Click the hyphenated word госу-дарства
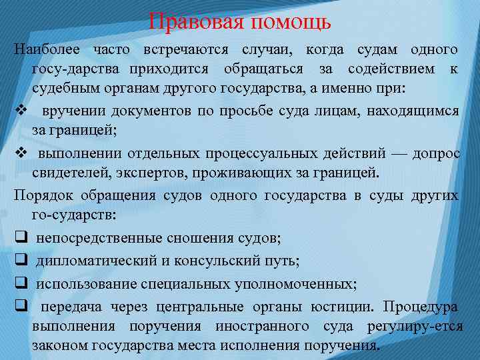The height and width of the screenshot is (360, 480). coord(75,69)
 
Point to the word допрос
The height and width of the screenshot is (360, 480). coord(436,153)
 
